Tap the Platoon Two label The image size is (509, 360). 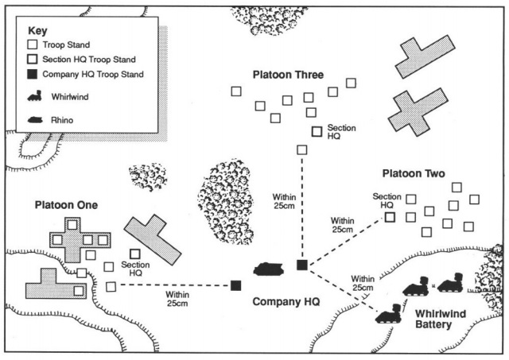[x=413, y=173]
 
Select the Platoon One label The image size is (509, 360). [x=66, y=205]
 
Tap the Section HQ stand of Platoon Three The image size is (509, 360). [x=317, y=130]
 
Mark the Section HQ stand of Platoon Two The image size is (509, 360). [x=390, y=215]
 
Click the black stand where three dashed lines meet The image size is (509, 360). [x=301, y=265]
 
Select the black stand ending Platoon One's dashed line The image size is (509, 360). [x=236, y=285]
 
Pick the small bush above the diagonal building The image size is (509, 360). [x=148, y=177]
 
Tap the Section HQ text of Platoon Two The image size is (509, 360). [x=387, y=200]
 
